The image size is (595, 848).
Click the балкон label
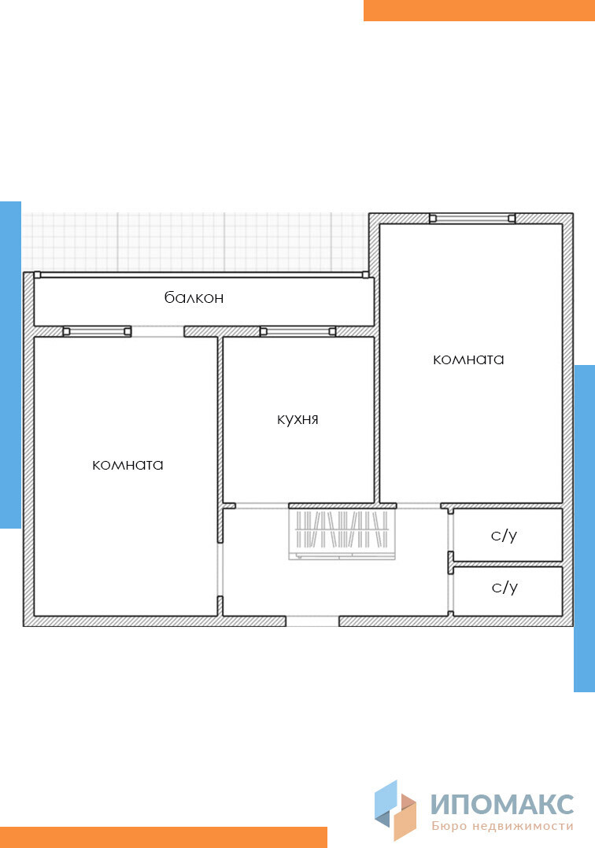(194, 297)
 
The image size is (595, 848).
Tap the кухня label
(297, 419)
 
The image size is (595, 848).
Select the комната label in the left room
(128, 465)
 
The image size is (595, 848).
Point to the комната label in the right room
(468, 359)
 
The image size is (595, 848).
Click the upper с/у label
(504, 536)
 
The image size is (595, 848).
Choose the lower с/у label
(504, 588)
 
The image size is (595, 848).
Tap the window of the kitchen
(297, 331)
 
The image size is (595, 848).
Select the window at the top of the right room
(472, 218)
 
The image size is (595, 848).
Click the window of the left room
(97, 331)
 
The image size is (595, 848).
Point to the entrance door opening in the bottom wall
(312, 621)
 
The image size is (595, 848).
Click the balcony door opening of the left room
(158, 331)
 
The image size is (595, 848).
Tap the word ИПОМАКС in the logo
(502, 805)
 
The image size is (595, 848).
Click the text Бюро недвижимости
(502, 826)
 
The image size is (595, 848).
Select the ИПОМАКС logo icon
(395, 809)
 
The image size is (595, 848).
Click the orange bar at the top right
(479, 10)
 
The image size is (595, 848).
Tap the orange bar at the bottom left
(164, 837)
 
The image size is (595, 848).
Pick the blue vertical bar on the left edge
(10, 365)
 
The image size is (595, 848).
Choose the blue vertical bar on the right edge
(584, 529)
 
